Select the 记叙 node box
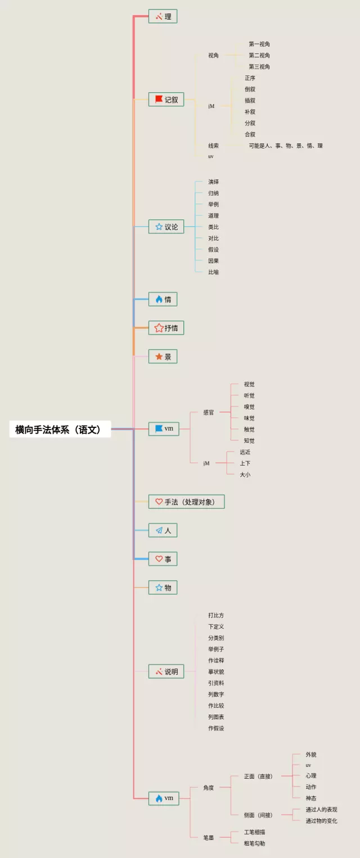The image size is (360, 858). pos(166,100)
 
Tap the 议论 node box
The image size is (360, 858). pos(166,227)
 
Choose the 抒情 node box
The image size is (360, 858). pos(166,328)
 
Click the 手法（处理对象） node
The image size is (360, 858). pos(186,502)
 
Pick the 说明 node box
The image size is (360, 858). pos(166,671)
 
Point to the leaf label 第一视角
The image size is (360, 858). pos(259,44)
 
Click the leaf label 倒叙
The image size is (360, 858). pos(250,89)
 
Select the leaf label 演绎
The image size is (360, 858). pos(213,182)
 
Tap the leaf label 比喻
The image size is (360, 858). pos(213,272)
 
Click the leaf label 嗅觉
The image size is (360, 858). pos(249,407)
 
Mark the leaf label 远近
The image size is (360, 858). pos(245,452)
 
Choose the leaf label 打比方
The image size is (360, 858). pos(215,615)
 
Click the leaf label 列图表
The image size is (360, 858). pos(215,717)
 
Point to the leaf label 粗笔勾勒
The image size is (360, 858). pos(254,843)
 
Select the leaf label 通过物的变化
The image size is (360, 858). pos(321,821)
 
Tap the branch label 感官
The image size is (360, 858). pos(209,413)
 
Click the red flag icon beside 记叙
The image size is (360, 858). pos(159,99)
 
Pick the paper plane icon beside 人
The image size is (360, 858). pos(159,530)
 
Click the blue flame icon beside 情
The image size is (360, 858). pos(159,299)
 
